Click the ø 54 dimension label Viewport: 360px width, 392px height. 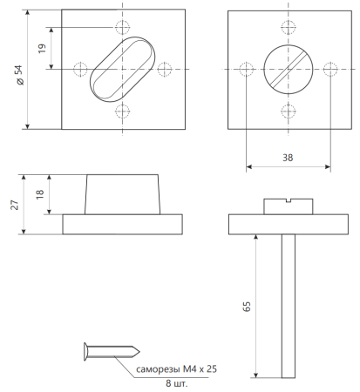tap(19, 75)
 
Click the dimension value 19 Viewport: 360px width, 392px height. tap(42, 48)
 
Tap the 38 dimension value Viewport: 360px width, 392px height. tap(288, 158)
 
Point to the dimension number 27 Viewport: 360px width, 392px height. tap(15, 205)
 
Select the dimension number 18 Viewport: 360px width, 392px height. tap(40, 194)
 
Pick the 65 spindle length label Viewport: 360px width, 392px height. tap(247, 307)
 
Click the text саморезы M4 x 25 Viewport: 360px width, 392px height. tap(176, 369)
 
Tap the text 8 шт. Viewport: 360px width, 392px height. tap(177, 383)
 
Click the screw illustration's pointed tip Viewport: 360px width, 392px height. tap(139, 352)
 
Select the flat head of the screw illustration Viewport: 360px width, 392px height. tap(85, 352)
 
